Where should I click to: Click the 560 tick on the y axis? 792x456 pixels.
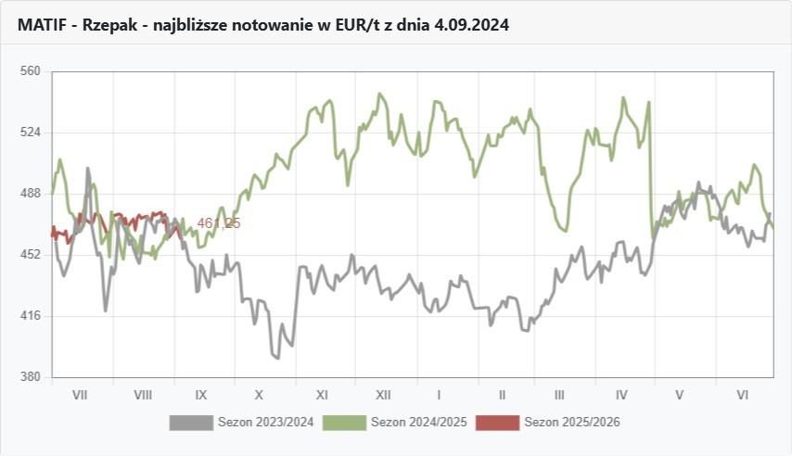[31, 70]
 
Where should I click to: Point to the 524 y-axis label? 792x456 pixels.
[31, 132]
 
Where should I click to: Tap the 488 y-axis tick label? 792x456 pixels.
[31, 193]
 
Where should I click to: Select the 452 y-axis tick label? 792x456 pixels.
[31, 254]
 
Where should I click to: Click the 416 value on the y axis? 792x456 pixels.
[31, 316]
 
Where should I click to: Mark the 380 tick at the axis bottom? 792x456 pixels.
[31, 377]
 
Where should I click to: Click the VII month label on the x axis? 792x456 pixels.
[80, 395]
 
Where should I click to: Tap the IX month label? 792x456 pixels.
[201, 395]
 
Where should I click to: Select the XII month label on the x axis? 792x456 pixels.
[382, 395]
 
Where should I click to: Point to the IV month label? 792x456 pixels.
[621, 395]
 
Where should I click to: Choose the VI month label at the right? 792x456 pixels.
[742, 395]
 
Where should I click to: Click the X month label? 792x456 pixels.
[260, 395]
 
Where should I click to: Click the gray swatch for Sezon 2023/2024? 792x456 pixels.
[190, 423]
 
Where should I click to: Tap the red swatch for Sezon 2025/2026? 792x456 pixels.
[497, 423]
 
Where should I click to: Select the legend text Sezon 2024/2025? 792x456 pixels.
[418, 423]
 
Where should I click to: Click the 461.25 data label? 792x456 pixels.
[219, 223]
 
